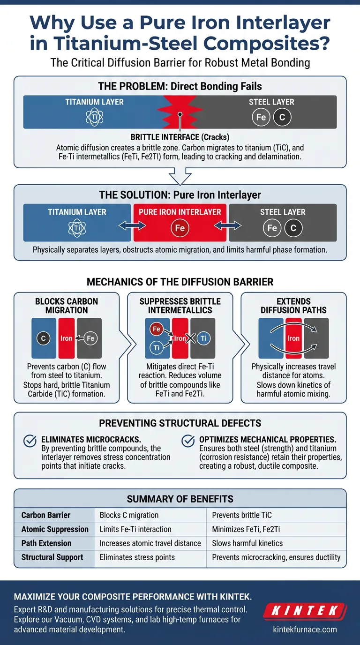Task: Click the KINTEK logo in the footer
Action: [x=305, y=611]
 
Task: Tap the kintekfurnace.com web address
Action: [x=305, y=629]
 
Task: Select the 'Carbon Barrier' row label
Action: [x=46, y=515]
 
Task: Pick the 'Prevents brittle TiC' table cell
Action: [x=242, y=515]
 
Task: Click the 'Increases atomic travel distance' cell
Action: [x=150, y=543]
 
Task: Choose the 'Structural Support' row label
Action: [x=52, y=557]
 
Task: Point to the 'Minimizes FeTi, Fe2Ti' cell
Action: [x=246, y=529]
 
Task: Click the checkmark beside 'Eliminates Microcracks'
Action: [x=30, y=441]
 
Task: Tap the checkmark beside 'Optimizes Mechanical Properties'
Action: [x=187, y=441]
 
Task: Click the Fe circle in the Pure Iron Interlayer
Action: [x=180, y=229]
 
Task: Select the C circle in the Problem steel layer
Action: [x=282, y=117]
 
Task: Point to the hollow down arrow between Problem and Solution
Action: [x=180, y=176]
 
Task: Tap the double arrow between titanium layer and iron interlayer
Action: [x=126, y=226]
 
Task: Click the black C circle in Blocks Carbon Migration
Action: [x=43, y=338]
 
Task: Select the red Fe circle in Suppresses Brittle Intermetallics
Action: [x=157, y=330]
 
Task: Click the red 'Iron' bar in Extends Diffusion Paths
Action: [x=293, y=338]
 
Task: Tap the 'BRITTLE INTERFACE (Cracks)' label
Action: [x=180, y=137]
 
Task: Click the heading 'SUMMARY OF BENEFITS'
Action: [x=180, y=499]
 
